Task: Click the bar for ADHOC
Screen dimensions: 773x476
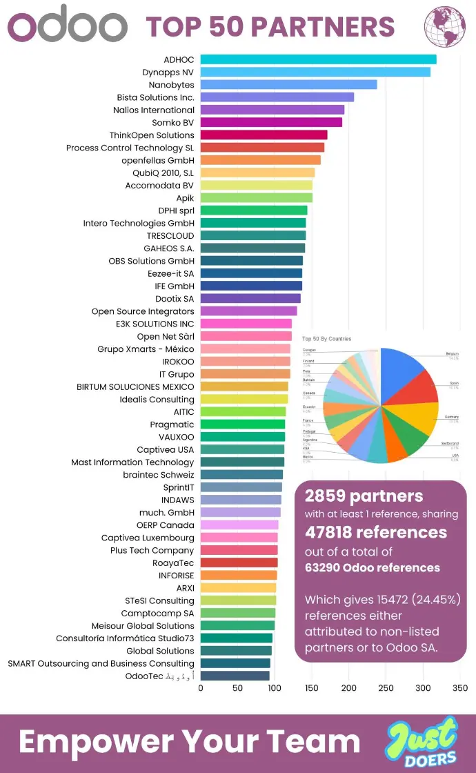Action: (x=318, y=59)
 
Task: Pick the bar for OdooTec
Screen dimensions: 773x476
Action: (x=235, y=676)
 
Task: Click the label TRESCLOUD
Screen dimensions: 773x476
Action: (x=170, y=235)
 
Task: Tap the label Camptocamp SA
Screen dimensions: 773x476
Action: (x=158, y=613)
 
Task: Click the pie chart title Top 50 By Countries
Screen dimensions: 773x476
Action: (x=326, y=339)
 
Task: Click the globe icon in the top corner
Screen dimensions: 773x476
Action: (x=445, y=27)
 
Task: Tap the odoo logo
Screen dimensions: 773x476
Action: (x=67, y=26)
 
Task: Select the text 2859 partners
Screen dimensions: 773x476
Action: (x=364, y=496)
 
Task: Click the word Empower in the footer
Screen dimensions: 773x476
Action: (x=97, y=742)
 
